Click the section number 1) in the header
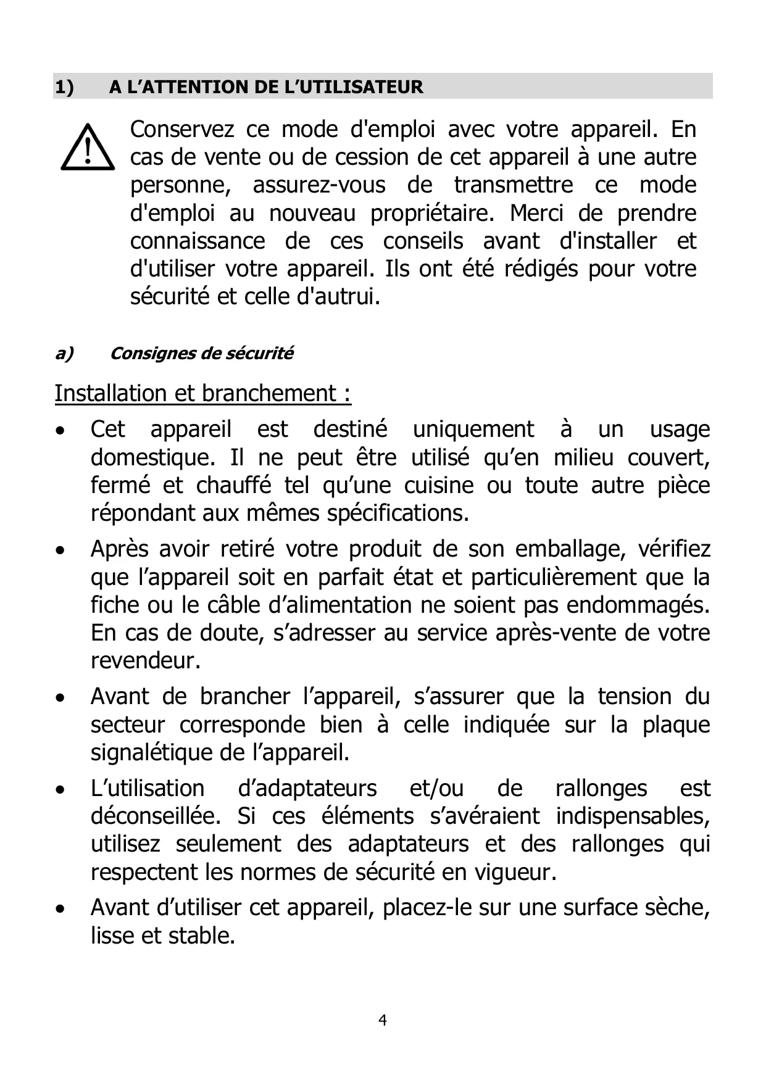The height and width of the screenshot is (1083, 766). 64,87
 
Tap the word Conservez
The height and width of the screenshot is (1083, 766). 182,130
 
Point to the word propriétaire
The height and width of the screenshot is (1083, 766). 431,213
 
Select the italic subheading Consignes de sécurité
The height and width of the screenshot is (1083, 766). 201,354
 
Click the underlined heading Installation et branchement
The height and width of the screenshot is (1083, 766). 202,393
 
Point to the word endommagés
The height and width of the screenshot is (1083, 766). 637,605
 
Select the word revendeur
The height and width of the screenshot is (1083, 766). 146,661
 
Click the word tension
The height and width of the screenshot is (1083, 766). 634,697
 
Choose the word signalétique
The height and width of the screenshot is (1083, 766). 152,753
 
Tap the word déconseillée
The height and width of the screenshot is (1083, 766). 156,816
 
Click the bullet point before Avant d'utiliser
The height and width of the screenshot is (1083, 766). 59,909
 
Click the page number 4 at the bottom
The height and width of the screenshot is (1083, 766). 383,1020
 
